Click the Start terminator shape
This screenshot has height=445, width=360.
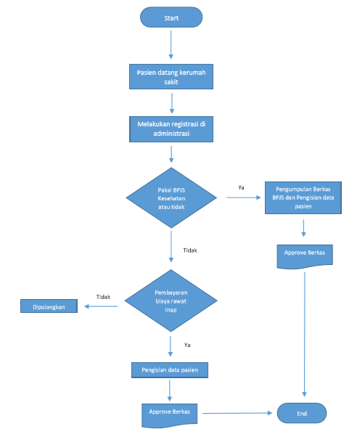(171, 17)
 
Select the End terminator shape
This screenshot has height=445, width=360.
(302, 413)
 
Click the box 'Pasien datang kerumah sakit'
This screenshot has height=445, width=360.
(171, 77)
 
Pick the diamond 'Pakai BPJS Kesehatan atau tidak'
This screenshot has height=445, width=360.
(171, 196)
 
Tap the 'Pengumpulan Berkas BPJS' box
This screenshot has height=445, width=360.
(303, 197)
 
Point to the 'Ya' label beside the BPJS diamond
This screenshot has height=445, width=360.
(241, 187)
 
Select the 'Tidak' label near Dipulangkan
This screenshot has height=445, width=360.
(103, 296)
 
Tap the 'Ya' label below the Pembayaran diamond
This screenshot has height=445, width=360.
(187, 345)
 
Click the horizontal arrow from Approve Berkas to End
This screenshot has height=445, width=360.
(240, 413)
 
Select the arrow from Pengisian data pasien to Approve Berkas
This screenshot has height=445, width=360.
(170, 390)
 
